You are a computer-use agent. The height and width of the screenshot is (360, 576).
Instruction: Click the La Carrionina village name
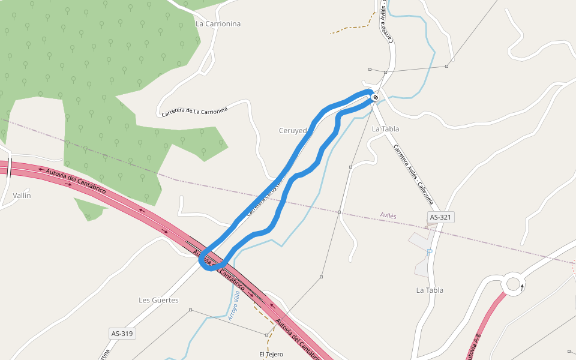218,24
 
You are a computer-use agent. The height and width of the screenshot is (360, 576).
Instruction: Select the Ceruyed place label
293,130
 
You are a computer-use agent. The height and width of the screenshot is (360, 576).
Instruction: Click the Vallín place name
22,196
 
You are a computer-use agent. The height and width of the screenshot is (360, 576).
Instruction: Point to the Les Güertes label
158,300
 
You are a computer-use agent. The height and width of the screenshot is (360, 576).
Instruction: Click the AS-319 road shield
122,333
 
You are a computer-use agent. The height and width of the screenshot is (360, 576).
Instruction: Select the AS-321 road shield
440,217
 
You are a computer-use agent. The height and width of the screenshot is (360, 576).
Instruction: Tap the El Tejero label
271,354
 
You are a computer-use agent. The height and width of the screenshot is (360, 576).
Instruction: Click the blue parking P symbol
430,251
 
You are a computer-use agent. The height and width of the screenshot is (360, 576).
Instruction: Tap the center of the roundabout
512,284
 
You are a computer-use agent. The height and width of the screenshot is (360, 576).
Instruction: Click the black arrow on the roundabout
522,287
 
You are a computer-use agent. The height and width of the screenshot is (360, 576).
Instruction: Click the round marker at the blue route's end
375,97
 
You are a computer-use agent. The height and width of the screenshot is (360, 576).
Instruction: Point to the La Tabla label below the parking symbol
430,290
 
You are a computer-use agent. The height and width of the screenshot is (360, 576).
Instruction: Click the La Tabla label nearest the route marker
385,129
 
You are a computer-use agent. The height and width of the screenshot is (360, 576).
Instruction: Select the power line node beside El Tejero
266,334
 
